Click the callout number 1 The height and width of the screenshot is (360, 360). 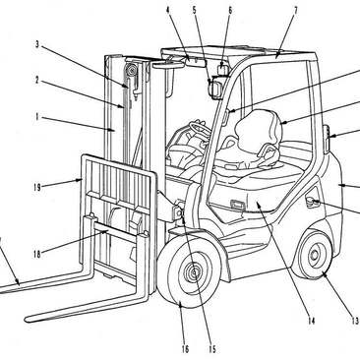coord(37,117)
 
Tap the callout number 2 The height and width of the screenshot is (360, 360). coord(37,80)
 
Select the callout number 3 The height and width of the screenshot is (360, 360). coord(37,44)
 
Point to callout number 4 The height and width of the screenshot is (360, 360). coord(168,10)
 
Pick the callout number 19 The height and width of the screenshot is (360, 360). coord(36,187)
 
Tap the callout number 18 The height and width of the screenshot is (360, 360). coord(36,254)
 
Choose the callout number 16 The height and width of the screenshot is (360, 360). coord(185,349)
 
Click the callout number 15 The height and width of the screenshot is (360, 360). coord(212,349)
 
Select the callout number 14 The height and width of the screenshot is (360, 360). coord(311,321)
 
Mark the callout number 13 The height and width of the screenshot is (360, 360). coord(355,321)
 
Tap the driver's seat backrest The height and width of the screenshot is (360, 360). coord(259,126)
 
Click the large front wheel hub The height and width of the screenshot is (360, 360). coord(194,271)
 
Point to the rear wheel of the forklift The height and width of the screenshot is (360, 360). coord(313,254)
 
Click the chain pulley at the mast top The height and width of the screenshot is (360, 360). coord(133,71)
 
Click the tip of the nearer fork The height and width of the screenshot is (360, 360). coord(27,318)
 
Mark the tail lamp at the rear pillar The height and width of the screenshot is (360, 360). coord(328,138)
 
